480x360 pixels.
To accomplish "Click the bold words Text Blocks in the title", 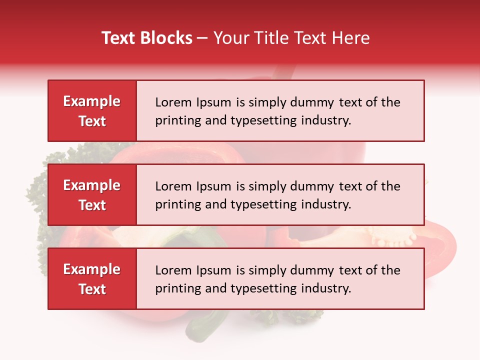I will (147, 38).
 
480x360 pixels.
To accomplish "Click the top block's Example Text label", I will (92, 111).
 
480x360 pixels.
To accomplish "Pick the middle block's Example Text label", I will (92, 195).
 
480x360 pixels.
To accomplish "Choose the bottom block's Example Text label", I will (92, 279).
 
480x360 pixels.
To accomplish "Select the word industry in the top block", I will (325, 120).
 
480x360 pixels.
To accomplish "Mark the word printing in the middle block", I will (175, 204).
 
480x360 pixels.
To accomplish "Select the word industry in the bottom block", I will (325, 288).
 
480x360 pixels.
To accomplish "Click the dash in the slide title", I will (202, 38).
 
